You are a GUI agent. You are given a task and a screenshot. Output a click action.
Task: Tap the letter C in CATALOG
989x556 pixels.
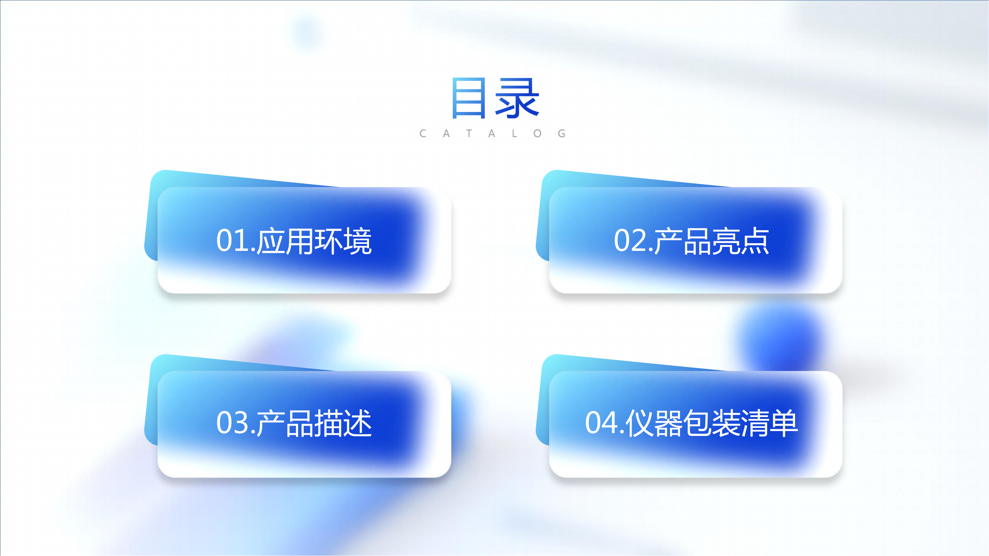pos(423,133)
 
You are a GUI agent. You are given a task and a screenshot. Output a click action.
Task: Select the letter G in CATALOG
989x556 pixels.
pos(562,133)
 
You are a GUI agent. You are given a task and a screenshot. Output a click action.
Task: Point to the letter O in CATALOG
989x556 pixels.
pos(537,133)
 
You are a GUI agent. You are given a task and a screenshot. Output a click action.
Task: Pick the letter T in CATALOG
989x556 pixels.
pos(469,133)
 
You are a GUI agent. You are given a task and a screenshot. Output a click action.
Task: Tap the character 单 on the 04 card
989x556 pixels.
pos(784,423)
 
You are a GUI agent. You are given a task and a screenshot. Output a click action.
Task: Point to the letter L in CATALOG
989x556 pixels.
pos(515,133)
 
